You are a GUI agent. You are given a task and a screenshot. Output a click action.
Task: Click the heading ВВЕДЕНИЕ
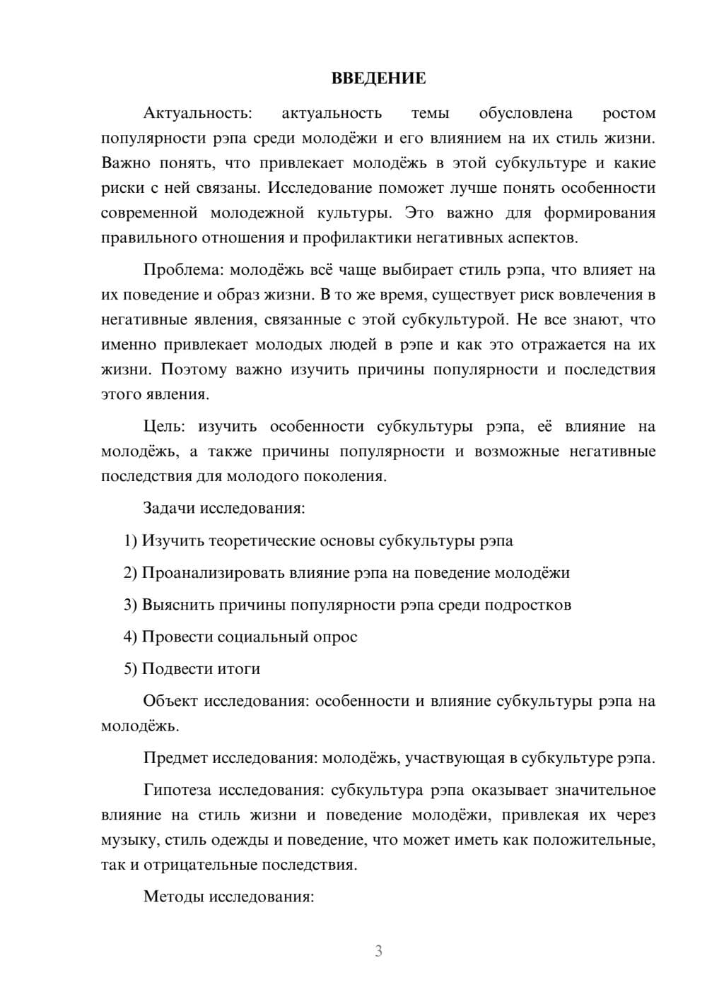(378, 78)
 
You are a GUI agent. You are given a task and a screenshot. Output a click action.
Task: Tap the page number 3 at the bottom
(378, 951)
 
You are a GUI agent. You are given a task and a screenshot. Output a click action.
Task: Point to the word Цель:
(165, 426)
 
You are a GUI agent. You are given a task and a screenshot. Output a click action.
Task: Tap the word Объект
(170, 701)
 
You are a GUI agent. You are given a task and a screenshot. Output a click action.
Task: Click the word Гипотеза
(177, 790)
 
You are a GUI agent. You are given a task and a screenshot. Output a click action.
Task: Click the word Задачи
(170, 508)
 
